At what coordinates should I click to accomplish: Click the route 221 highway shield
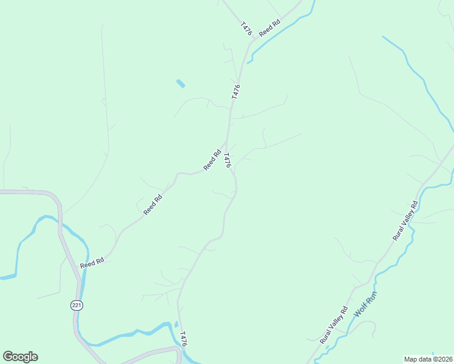click(76, 305)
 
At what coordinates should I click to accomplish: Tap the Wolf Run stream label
click(366, 304)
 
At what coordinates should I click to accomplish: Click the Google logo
click(20, 357)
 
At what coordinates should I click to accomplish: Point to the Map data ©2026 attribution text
click(428, 359)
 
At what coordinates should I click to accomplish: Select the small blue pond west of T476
click(180, 84)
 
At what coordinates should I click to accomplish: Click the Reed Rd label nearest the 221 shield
click(92, 261)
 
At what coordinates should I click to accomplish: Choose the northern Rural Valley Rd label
click(405, 221)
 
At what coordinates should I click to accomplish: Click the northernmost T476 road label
click(246, 29)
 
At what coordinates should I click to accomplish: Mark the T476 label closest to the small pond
click(236, 92)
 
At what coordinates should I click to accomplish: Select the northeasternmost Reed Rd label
click(269, 29)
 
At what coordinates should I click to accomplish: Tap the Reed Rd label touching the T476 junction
click(212, 160)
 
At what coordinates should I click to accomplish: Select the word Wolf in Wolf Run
click(362, 309)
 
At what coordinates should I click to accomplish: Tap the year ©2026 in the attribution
click(441, 359)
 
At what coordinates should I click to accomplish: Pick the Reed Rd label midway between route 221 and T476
click(154, 204)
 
